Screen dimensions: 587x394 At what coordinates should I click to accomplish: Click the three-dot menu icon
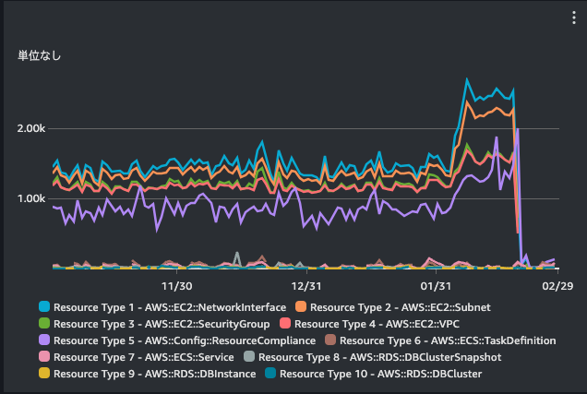573,18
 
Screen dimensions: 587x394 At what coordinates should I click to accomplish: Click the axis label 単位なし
39,55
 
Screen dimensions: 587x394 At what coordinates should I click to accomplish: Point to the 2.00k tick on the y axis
31,128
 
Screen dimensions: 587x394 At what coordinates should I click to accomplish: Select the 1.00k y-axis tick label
31,198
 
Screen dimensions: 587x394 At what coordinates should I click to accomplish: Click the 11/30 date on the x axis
176,286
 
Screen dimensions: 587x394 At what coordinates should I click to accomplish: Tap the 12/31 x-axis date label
306,286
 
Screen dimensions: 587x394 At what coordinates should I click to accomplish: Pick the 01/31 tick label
436,286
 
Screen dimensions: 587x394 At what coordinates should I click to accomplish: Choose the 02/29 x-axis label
557,286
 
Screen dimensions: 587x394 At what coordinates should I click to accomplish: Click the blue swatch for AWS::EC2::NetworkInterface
44,306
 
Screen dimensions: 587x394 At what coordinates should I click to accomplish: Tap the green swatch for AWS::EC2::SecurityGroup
44,323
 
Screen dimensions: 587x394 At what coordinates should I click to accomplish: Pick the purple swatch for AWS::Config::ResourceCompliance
44,340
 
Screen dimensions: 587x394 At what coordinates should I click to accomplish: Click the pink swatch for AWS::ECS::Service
44,356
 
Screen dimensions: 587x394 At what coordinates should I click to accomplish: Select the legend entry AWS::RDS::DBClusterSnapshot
380,357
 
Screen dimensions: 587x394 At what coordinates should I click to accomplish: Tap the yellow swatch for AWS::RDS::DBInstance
44,373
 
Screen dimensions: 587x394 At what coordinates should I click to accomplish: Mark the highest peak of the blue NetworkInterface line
467,79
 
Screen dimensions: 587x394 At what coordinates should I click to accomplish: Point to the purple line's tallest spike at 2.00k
518,129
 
